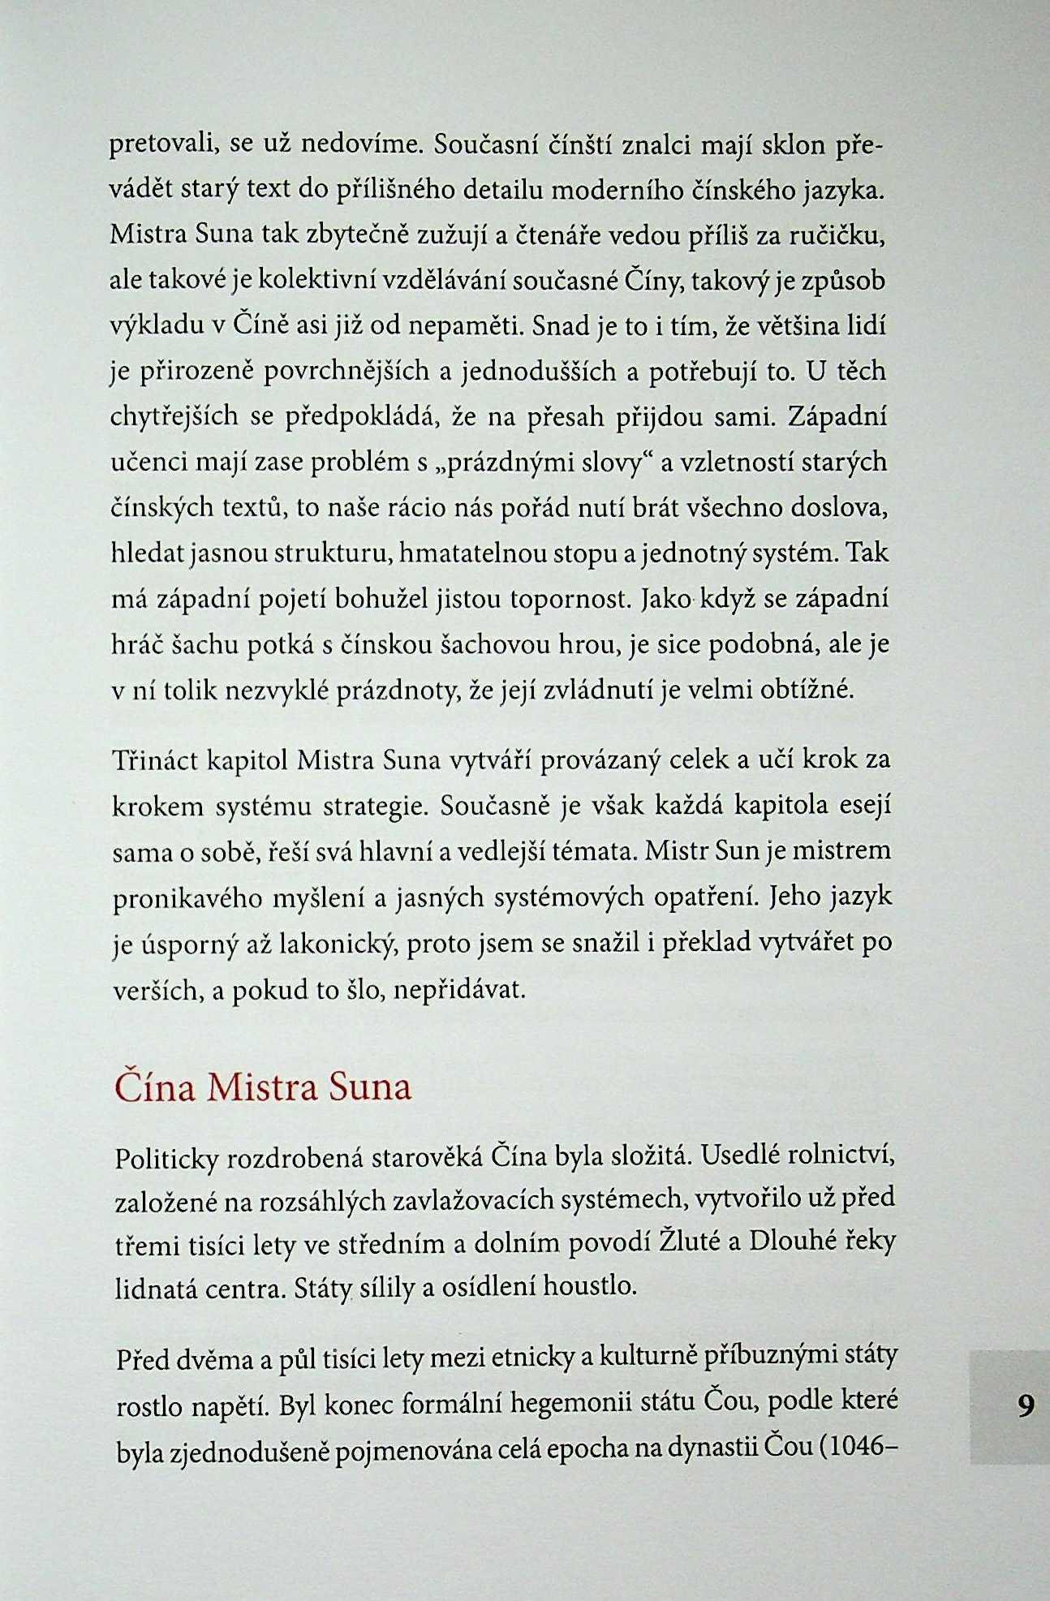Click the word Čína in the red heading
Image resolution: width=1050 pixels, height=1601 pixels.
click(155, 1087)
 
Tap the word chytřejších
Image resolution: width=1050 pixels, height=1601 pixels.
click(174, 417)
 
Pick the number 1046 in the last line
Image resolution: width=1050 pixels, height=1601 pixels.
click(862, 1447)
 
